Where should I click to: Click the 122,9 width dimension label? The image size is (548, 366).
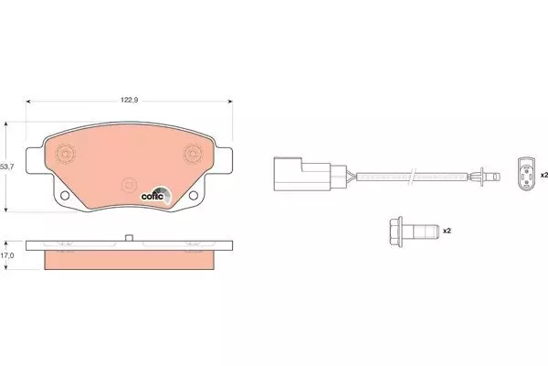tap(130, 100)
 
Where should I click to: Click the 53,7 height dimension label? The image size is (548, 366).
tap(7, 167)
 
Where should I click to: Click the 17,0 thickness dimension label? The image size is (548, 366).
tap(7, 255)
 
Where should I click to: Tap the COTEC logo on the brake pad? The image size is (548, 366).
tap(156, 195)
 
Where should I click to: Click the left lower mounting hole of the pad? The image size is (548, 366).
tap(65, 196)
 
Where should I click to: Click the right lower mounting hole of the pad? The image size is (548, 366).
tap(194, 196)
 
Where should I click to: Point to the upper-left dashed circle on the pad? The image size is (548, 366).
tap(66, 154)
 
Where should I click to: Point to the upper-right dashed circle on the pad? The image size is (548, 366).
tap(193, 154)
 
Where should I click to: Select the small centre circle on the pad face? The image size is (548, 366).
tap(129, 185)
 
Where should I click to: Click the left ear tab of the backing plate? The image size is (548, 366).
tap(35, 160)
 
